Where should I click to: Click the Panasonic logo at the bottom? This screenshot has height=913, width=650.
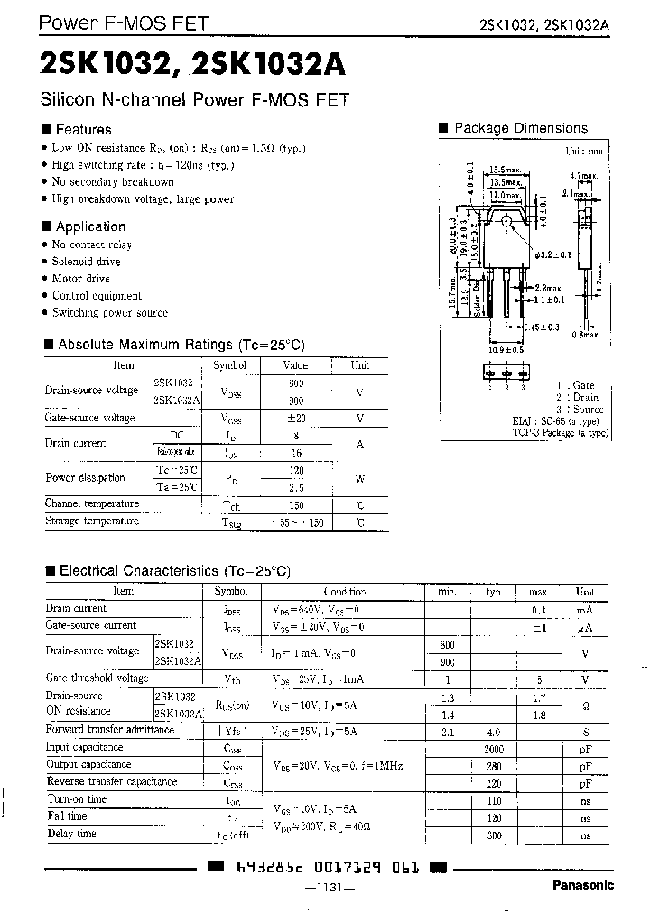(582, 885)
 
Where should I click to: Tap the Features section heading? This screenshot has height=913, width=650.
(83, 129)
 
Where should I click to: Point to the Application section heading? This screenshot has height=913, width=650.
(90, 226)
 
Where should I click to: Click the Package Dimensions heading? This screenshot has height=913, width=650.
(520, 128)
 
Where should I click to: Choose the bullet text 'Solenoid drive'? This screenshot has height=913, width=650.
(87, 262)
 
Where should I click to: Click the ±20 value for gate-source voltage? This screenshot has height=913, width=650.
(296, 418)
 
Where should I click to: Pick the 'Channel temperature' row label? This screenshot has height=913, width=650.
(92, 503)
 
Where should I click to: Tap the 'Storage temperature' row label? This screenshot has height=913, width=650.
(92, 521)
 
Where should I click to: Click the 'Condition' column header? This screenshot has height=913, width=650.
(344, 592)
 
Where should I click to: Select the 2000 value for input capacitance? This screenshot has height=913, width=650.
(494, 748)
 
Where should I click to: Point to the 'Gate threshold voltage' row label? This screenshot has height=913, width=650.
(97, 678)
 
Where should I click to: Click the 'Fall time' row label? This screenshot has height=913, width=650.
(67, 816)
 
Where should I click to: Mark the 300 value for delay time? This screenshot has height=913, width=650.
(494, 835)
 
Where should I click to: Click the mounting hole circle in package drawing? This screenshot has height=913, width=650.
(507, 221)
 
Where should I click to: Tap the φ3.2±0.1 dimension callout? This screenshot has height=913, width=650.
(556, 255)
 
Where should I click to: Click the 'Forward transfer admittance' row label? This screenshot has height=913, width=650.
(110, 730)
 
